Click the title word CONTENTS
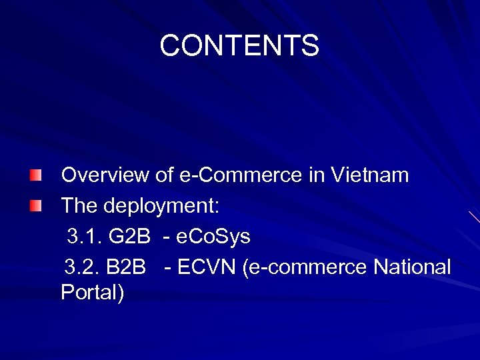click(x=239, y=46)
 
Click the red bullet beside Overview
click(x=35, y=176)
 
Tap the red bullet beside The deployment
click(x=35, y=207)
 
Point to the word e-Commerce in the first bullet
click(x=241, y=175)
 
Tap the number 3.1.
click(x=83, y=237)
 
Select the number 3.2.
click(x=82, y=267)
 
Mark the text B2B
click(x=126, y=267)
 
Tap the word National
click(x=412, y=267)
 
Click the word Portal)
click(x=92, y=293)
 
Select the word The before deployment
click(x=80, y=206)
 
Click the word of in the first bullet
click(x=164, y=175)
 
